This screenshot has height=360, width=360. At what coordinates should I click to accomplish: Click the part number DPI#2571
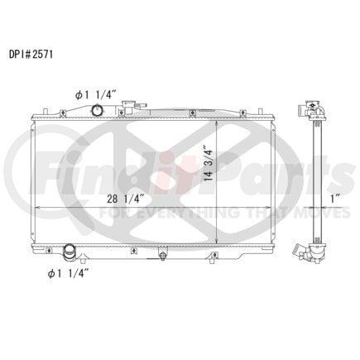31,55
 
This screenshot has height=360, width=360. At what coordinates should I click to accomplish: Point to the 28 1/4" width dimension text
126,199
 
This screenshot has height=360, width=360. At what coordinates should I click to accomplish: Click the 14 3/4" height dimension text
209,166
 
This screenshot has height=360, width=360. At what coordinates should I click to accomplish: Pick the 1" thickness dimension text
335,199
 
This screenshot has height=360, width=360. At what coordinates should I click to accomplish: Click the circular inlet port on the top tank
97,110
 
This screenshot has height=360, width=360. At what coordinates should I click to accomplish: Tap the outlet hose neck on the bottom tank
69,252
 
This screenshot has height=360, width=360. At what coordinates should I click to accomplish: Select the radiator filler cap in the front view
127,107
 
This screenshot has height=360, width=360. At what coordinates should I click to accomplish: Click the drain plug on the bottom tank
162,255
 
